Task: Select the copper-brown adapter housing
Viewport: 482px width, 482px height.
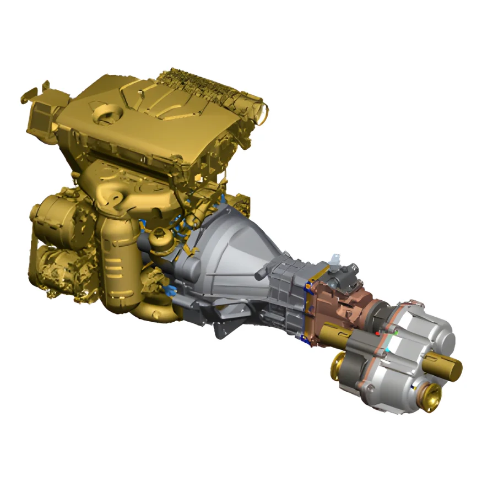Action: [x=336, y=308]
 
